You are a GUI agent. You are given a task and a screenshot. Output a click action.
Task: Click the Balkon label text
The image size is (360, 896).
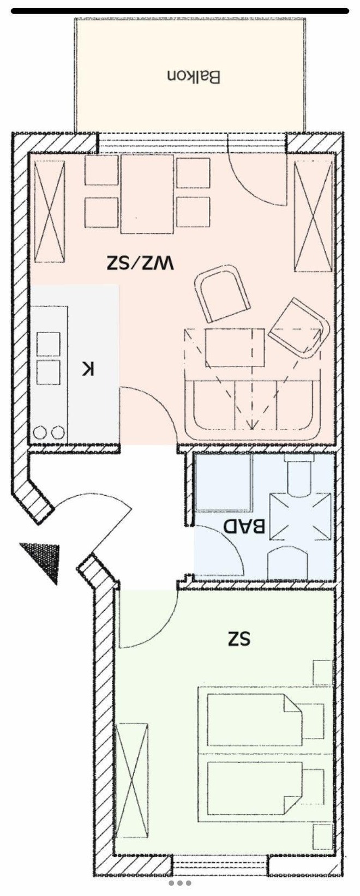point(194,77)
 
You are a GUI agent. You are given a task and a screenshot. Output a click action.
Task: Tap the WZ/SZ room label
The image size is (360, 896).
point(140,263)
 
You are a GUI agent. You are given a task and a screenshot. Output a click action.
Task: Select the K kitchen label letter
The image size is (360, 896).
point(88,368)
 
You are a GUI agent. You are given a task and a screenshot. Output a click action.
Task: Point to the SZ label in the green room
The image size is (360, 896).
point(239,639)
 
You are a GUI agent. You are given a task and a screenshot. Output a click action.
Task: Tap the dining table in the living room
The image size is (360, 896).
point(147,194)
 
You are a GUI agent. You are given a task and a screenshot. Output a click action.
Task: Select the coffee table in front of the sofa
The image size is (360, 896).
point(235,347)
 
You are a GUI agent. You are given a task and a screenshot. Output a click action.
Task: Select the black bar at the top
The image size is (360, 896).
point(180,11)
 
